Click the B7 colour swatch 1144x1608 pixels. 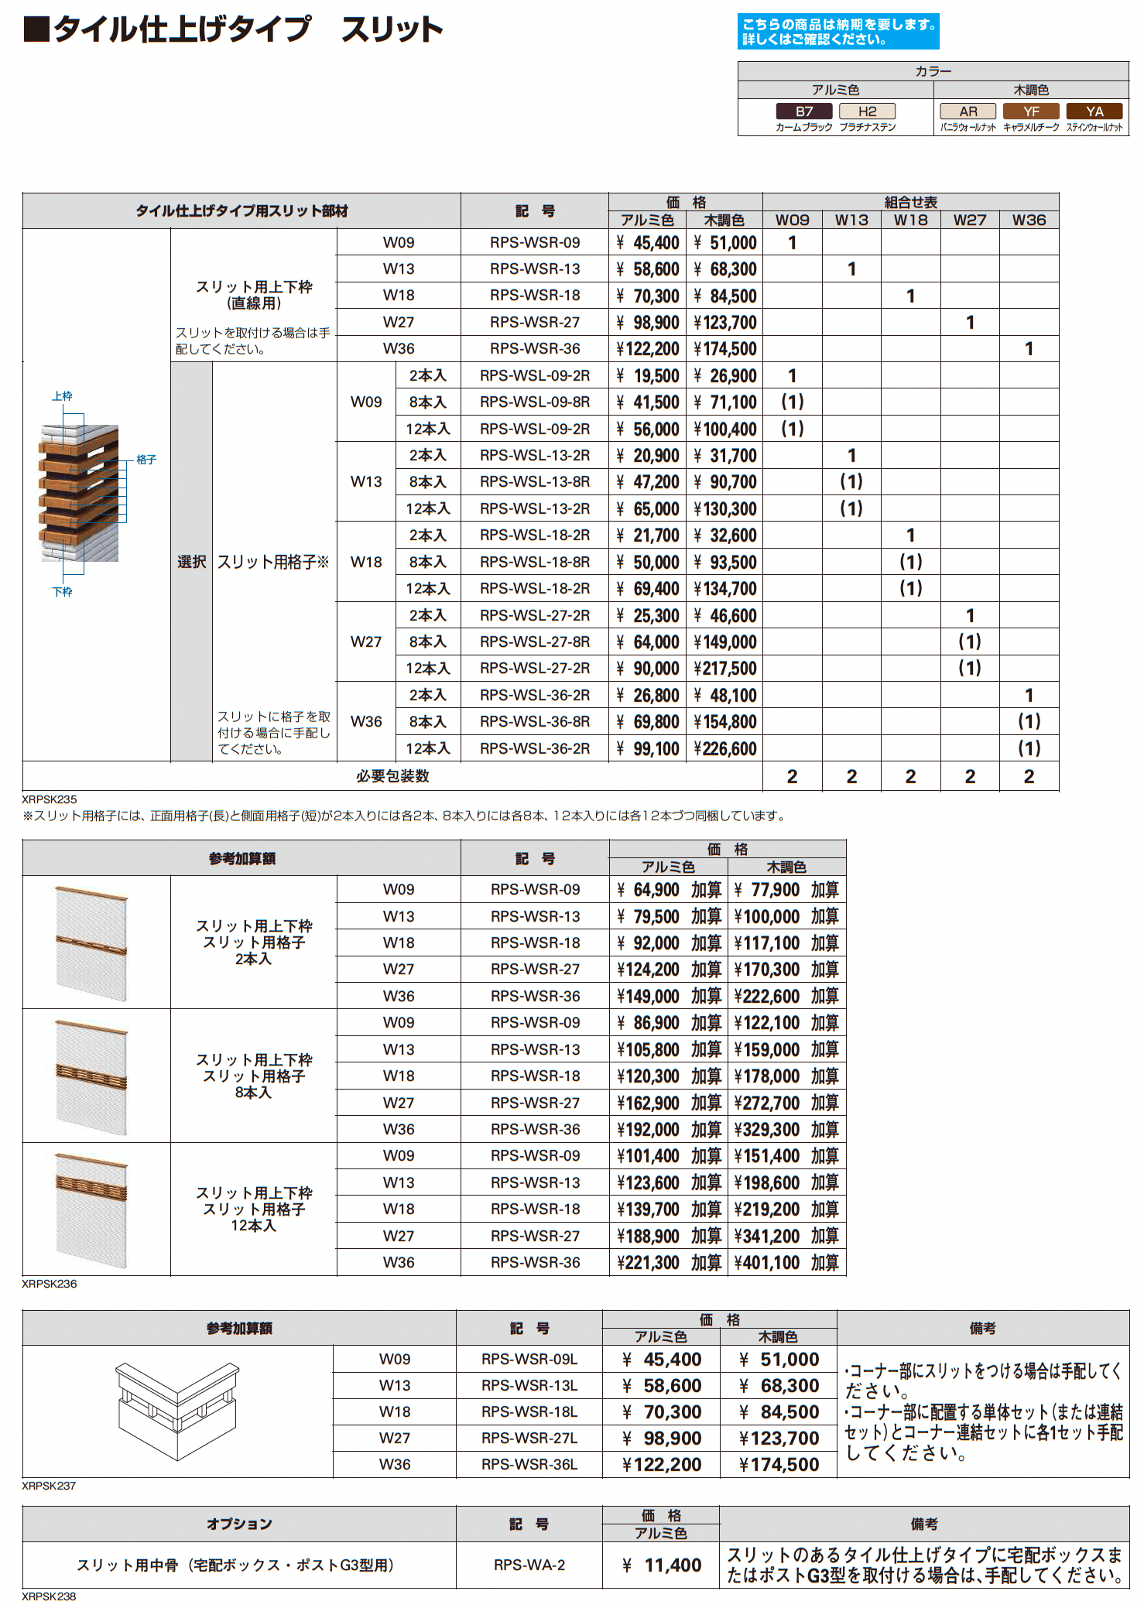(x=804, y=111)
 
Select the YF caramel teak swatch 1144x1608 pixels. (x=1031, y=111)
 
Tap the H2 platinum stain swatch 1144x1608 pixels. (x=867, y=111)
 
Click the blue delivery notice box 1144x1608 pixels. (x=838, y=32)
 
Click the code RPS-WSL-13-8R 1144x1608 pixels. (x=535, y=482)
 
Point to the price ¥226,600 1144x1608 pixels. (x=725, y=749)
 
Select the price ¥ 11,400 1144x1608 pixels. (x=663, y=1565)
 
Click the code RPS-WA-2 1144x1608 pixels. (x=529, y=1565)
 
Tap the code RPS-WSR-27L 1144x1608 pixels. (x=529, y=1439)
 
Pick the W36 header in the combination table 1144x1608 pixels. (x=1029, y=221)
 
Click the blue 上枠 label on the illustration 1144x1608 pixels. (x=62, y=396)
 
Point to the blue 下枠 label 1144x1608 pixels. (x=62, y=592)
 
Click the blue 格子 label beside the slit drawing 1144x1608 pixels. (x=146, y=460)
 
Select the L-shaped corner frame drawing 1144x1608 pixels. (x=177, y=1410)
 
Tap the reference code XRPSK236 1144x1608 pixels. (x=50, y=1284)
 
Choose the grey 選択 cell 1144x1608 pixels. (x=191, y=562)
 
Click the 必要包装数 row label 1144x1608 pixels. (x=392, y=776)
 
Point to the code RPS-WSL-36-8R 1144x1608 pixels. (x=535, y=722)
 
